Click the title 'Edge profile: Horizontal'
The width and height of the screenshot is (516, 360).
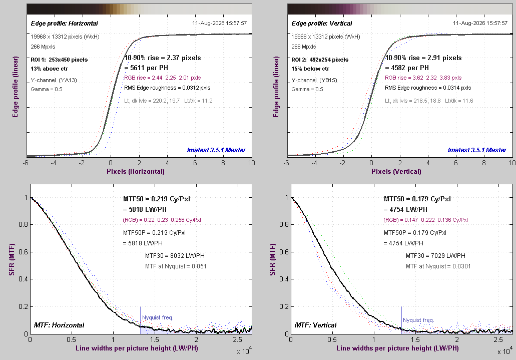point(64,24)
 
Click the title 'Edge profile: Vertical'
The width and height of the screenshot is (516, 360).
point(321,24)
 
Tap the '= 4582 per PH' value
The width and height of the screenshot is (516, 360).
point(407,68)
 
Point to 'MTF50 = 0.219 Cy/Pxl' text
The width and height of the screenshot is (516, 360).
point(157,199)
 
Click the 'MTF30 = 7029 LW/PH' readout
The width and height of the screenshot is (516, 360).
point(435,255)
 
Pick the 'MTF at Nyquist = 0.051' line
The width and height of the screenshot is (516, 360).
point(176,266)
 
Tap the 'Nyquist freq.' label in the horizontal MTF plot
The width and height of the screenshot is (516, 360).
point(158,317)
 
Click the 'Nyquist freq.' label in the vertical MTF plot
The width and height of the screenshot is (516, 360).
point(418,320)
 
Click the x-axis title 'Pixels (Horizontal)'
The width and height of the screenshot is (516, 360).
point(136,171)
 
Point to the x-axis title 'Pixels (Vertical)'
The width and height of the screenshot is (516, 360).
point(396,171)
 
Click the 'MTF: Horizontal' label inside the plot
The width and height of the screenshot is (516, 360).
point(59,325)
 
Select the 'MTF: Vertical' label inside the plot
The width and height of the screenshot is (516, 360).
point(316,325)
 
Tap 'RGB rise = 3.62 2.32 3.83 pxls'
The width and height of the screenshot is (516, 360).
point(423,78)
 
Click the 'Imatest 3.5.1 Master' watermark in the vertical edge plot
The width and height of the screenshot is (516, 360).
point(477,150)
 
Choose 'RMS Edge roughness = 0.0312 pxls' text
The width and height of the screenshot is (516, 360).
point(167,88)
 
